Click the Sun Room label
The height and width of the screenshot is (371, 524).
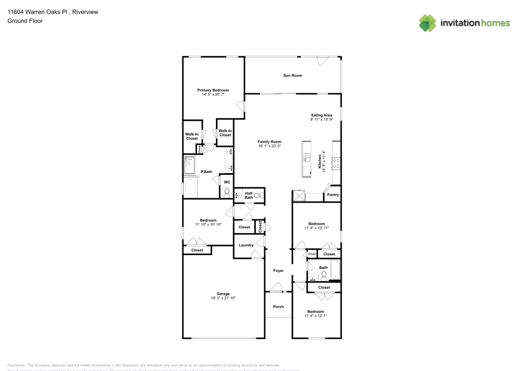292,76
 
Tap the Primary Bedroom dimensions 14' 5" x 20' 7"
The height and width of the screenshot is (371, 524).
213,94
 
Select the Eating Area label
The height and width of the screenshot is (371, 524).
321,115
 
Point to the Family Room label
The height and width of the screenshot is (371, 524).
269,142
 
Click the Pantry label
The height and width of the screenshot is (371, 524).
333,195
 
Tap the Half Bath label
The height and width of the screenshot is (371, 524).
249,195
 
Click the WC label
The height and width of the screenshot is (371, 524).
227,182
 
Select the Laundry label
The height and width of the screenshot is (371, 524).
246,245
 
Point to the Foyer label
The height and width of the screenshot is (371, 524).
278,271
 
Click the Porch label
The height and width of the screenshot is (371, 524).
278,307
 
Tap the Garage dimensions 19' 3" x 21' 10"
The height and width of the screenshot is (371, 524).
223,298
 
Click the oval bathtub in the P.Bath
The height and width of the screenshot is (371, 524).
190,188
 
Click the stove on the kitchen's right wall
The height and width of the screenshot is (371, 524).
336,163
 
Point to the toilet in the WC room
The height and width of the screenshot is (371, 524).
227,193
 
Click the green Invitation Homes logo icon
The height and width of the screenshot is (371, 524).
428,23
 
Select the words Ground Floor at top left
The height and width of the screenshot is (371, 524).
25,21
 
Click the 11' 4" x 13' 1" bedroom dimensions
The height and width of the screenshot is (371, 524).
315,316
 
